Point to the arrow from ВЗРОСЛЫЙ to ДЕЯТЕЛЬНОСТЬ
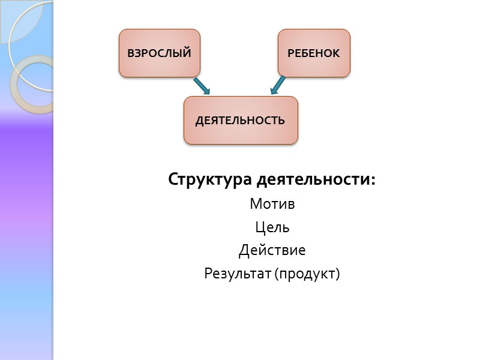tap(202, 86)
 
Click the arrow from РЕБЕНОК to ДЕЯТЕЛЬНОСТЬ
tap(278, 85)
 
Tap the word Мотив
tap(272, 204)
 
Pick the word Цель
tap(272, 227)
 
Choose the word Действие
tap(272, 250)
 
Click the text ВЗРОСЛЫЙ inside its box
tap(160, 53)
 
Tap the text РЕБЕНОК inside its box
tap(314, 53)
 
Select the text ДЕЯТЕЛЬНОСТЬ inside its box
tap(240, 120)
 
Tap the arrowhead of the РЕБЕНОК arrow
tap(274, 91)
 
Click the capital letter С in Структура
tap(173, 180)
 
